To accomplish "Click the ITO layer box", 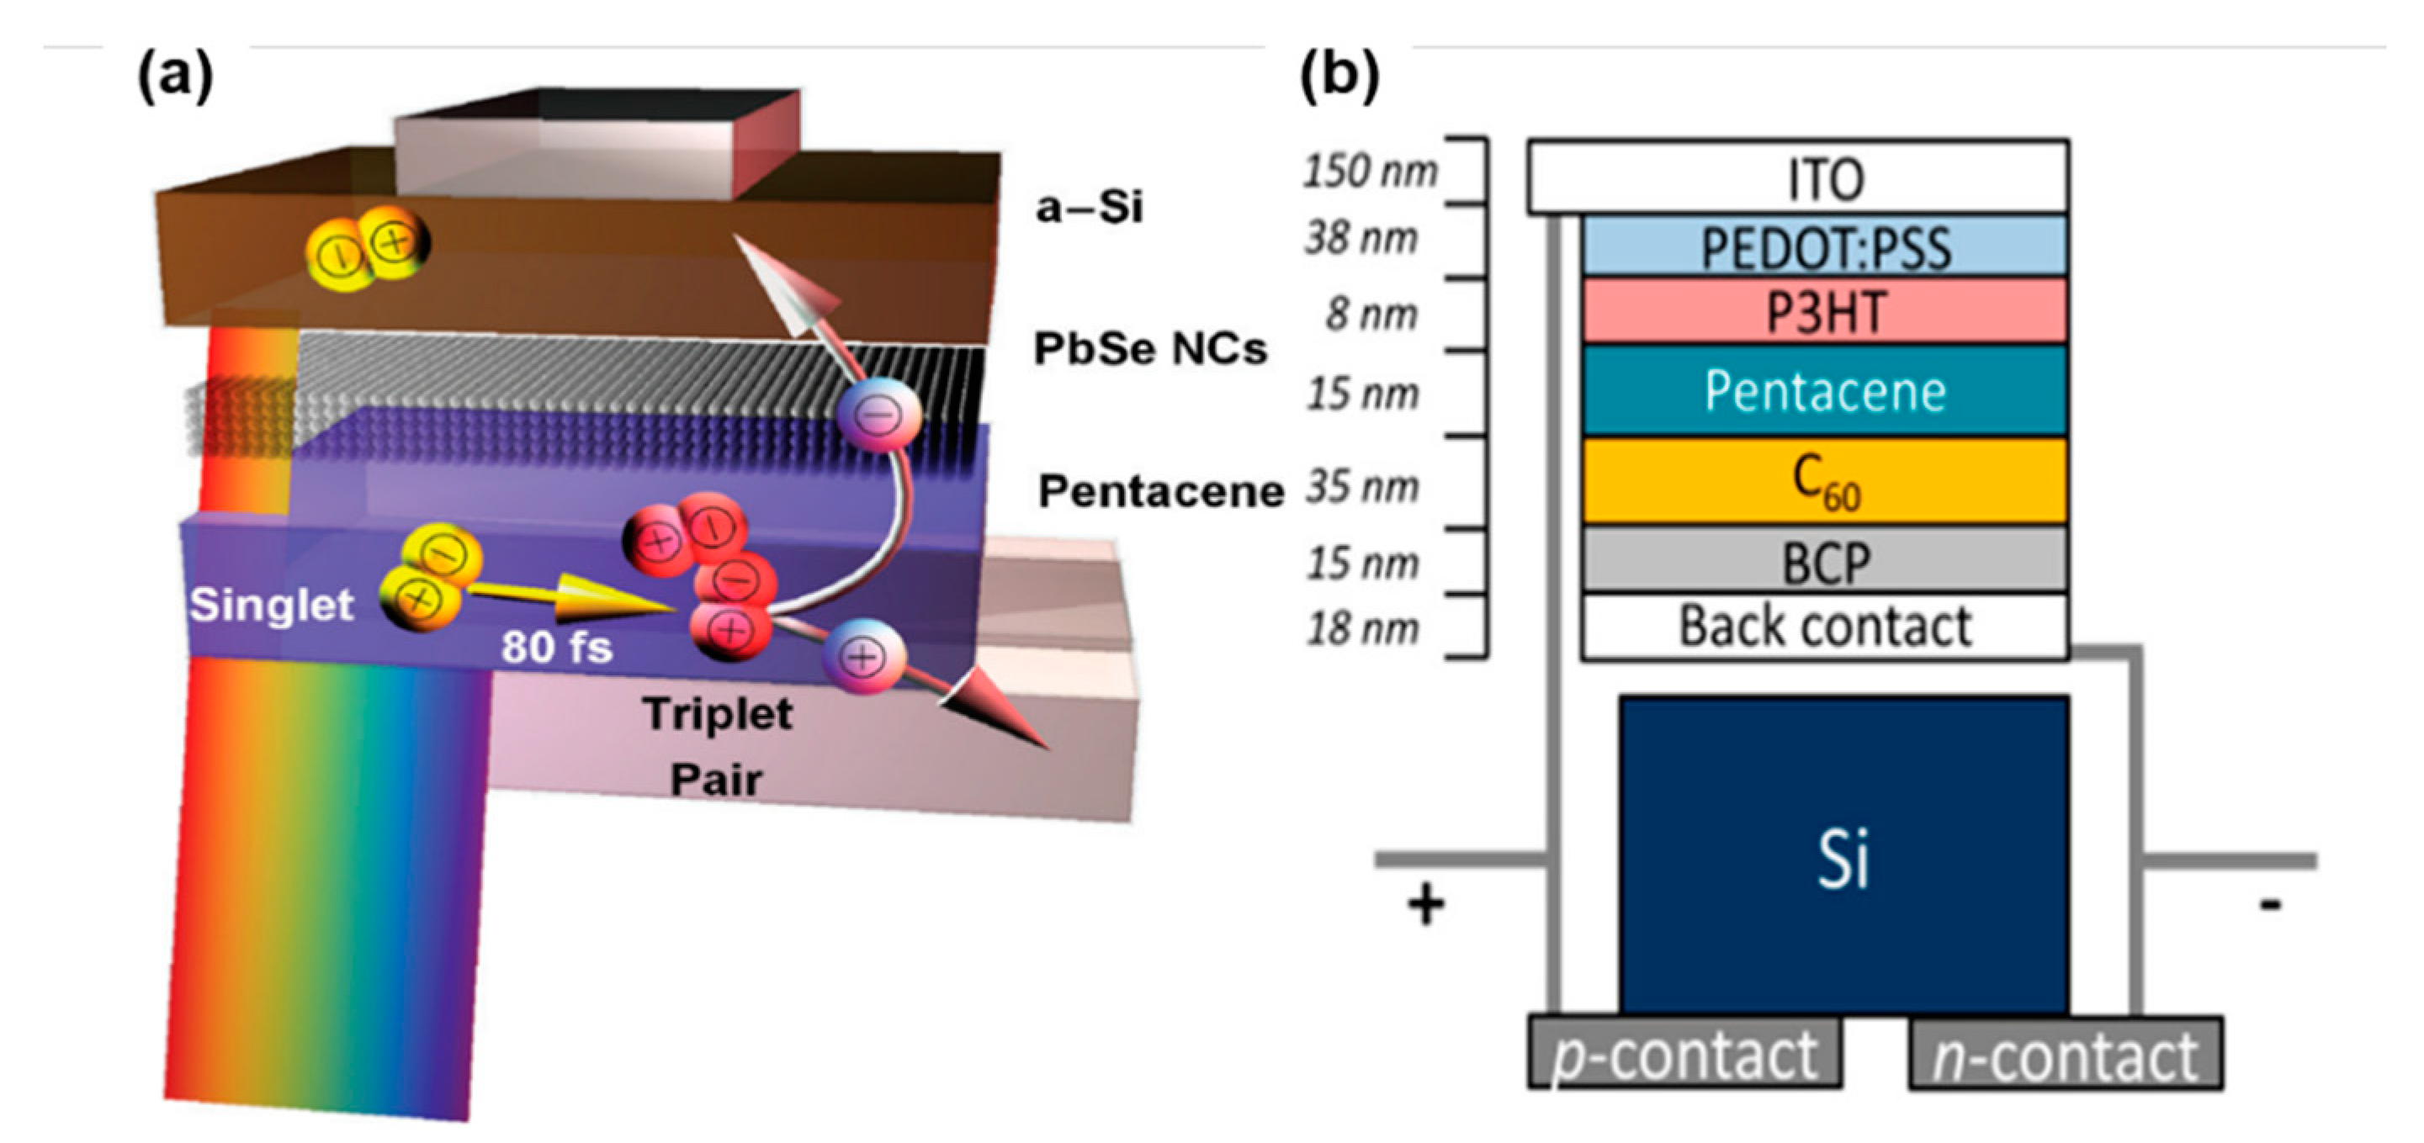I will click(x=1797, y=177).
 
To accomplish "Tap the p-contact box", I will click(x=1684, y=1053).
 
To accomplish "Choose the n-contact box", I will click(x=2065, y=1054).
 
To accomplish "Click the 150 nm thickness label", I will click(x=1369, y=172).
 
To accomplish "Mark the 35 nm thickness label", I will click(x=1362, y=487).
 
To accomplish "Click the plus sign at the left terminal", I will click(x=1424, y=905).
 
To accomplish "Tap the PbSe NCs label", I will click(x=1150, y=349).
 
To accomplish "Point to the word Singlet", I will click(x=271, y=605).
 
